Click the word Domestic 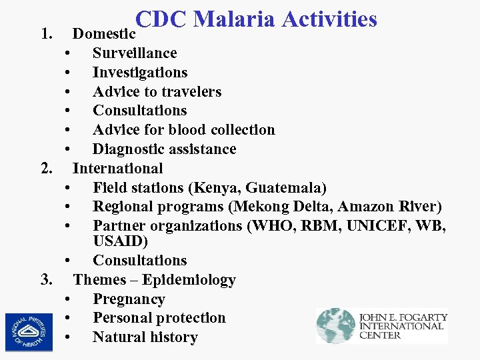104,33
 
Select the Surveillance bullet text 135,53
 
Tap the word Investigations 140,72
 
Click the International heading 118,168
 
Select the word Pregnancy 129,299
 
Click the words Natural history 145,337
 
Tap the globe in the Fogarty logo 335,325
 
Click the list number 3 46,279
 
